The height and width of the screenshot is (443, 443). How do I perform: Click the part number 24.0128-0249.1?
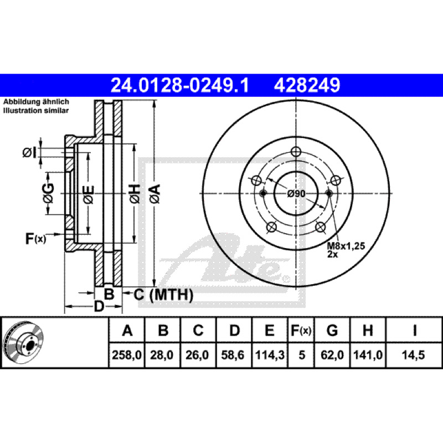pyautogui.click(x=180, y=85)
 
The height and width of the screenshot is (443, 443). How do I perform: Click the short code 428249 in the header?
pyautogui.click(x=306, y=85)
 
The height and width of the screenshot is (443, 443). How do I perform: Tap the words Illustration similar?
pyautogui.click(x=36, y=111)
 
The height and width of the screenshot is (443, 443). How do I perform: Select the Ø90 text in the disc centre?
pyautogui.click(x=297, y=193)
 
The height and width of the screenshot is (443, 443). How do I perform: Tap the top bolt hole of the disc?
pyautogui.click(x=296, y=152)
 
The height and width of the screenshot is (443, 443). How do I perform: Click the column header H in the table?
pyautogui.click(x=367, y=331)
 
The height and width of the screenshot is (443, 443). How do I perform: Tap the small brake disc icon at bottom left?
pyautogui.click(x=24, y=342)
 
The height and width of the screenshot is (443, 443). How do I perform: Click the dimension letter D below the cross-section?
pyautogui.click(x=99, y=306)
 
